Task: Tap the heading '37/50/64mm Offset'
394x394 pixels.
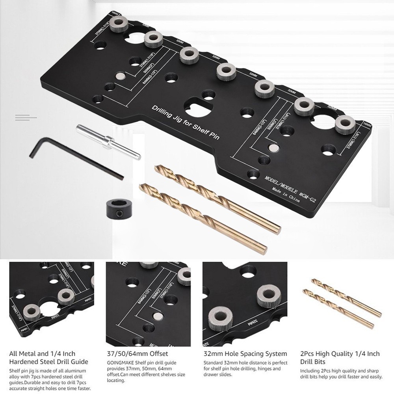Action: coord(137,354)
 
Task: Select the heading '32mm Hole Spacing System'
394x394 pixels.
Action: coord(245,354)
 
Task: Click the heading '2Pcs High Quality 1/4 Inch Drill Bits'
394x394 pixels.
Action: coord(340,357)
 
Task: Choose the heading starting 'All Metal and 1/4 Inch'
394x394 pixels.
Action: coord(48,357)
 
